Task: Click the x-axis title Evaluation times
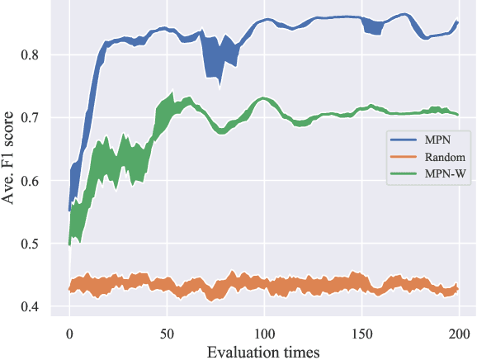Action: point(263,351)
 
